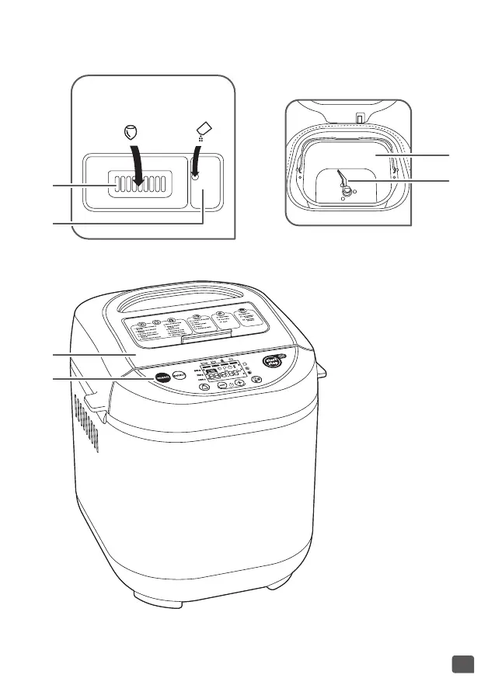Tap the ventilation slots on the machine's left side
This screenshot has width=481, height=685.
click(x=89, y=423)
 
